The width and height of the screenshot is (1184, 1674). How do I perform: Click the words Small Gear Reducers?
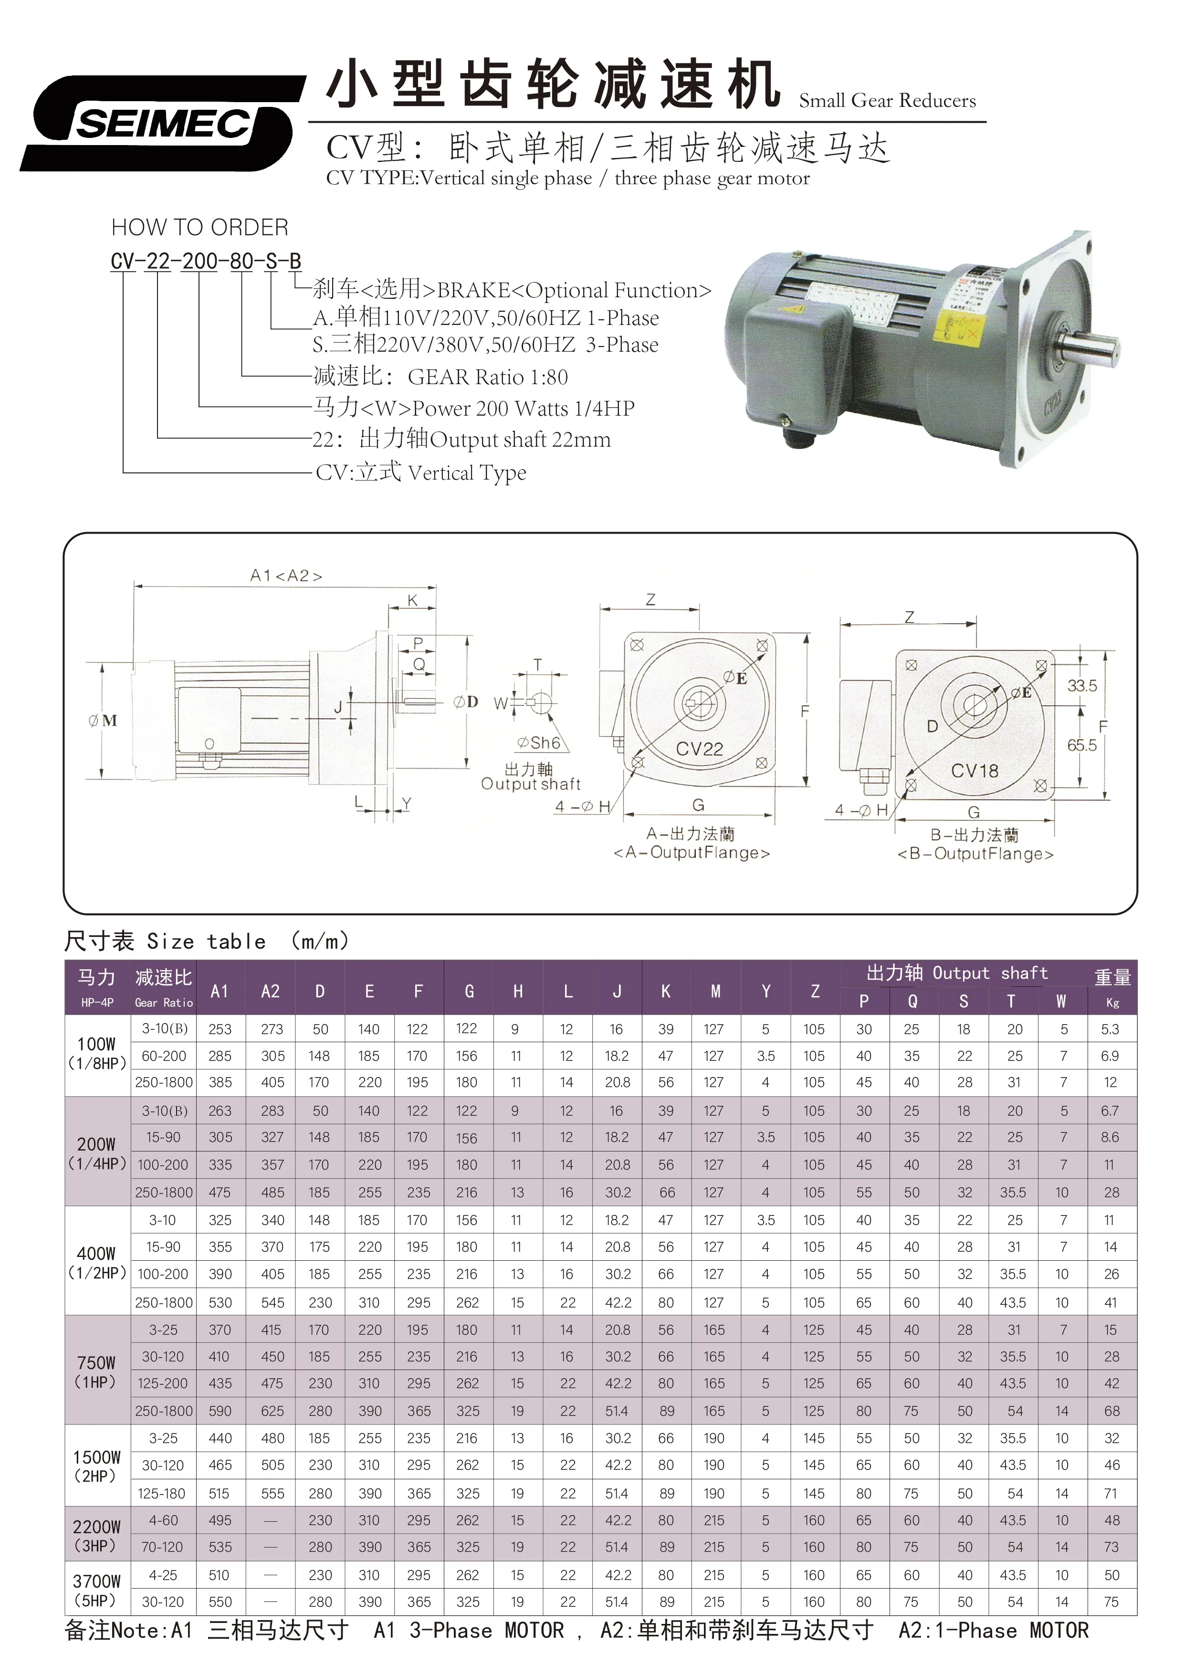(887, 101)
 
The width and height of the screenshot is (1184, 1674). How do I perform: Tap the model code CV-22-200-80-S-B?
(206, 261)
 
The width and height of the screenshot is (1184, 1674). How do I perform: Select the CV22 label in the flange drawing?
(699, 749)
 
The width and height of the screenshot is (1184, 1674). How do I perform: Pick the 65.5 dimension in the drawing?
(1081, 745)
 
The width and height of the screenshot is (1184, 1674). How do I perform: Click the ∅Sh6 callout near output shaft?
(539, 743)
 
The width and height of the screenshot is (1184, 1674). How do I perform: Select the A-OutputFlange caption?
(691, 852)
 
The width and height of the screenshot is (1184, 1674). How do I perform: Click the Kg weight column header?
(1112, 1003)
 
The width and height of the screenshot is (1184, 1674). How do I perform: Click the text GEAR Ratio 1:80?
(487, 377)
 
